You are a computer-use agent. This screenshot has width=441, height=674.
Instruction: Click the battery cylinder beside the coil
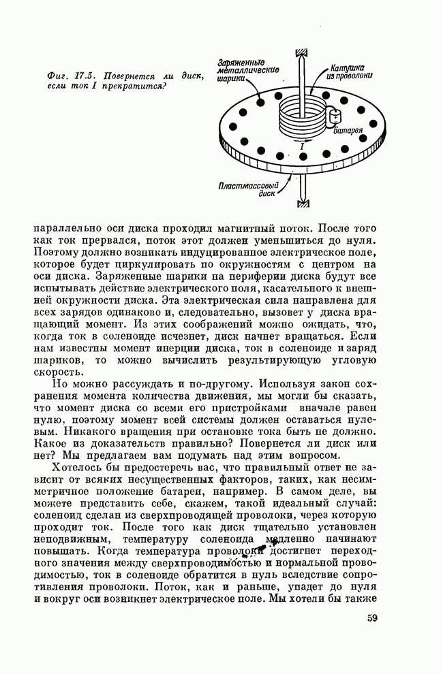point(334,117)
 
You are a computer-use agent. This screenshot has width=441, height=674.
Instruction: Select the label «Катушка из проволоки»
point(349,73)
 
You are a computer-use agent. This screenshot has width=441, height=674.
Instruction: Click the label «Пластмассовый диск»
point(247,189)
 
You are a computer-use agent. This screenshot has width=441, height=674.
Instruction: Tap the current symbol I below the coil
point(302,146)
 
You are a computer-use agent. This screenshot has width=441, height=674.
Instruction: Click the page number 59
point(372,618)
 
